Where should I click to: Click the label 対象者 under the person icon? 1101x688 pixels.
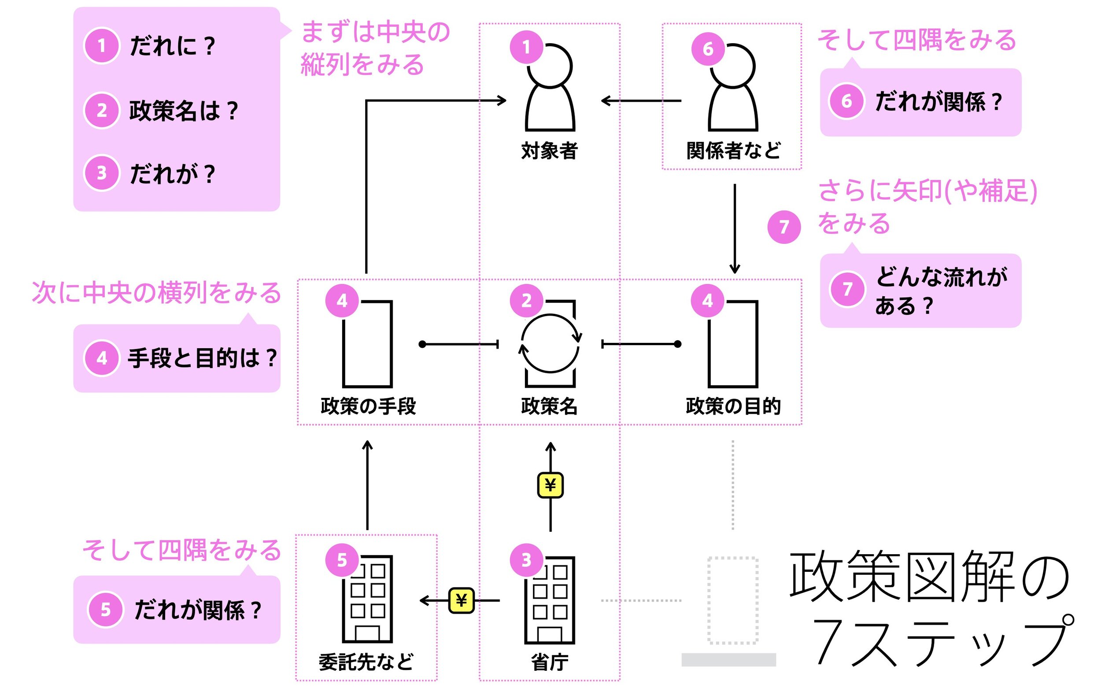point(549,151)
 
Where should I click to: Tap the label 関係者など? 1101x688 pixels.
point(733,151)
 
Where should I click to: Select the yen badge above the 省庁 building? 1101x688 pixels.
point(550,485)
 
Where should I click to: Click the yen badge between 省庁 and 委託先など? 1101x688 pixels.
point(461,601)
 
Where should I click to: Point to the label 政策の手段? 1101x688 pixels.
point(368,406)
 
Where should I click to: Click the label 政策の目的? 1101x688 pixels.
point(733,406)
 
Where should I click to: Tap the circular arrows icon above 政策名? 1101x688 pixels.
point(550,343)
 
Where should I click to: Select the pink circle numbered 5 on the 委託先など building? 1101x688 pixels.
point(342,560)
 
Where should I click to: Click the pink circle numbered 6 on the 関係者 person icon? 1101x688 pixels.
point(708,49)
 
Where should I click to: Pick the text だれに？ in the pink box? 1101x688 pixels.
point(172,46)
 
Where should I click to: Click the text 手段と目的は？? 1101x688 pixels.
point(202,358)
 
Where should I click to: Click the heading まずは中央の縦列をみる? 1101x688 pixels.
point(375,48)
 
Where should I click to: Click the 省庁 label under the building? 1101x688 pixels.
point(549,662)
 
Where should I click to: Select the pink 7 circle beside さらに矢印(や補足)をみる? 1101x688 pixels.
point(784,227)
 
